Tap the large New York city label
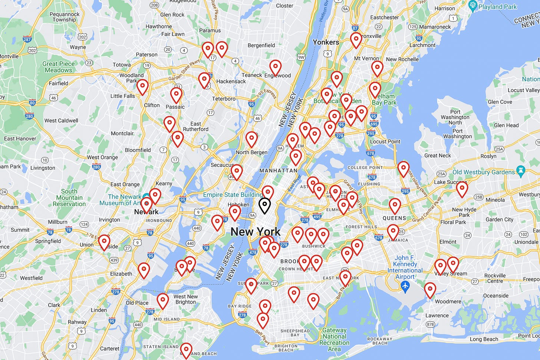point(256,232)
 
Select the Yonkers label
point(326,42)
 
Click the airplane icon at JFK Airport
point(405,286)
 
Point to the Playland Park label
point(497,7)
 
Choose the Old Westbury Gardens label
point(484,172)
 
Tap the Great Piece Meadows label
point(58,67)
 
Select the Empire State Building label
point(233,195)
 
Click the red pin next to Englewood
point(275,67)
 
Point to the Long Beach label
point(484,339)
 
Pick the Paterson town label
point(146,55)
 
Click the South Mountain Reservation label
point(69,198)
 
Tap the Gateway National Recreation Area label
point(334,339)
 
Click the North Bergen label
point(251,152)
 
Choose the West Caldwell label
point(61,120)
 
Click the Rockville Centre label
point(495,278)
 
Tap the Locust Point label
point(385,141)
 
